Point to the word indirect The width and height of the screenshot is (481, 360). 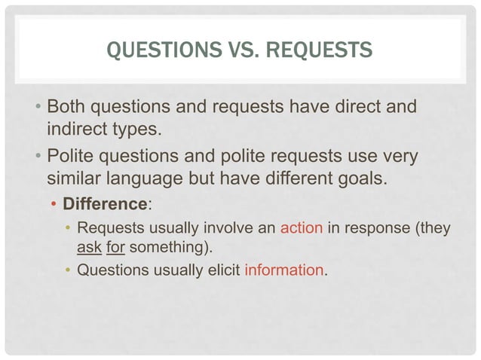(x=77, y=129)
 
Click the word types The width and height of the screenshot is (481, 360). (x=136, y=129)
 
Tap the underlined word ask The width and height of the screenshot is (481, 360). (x=90, y=247)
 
